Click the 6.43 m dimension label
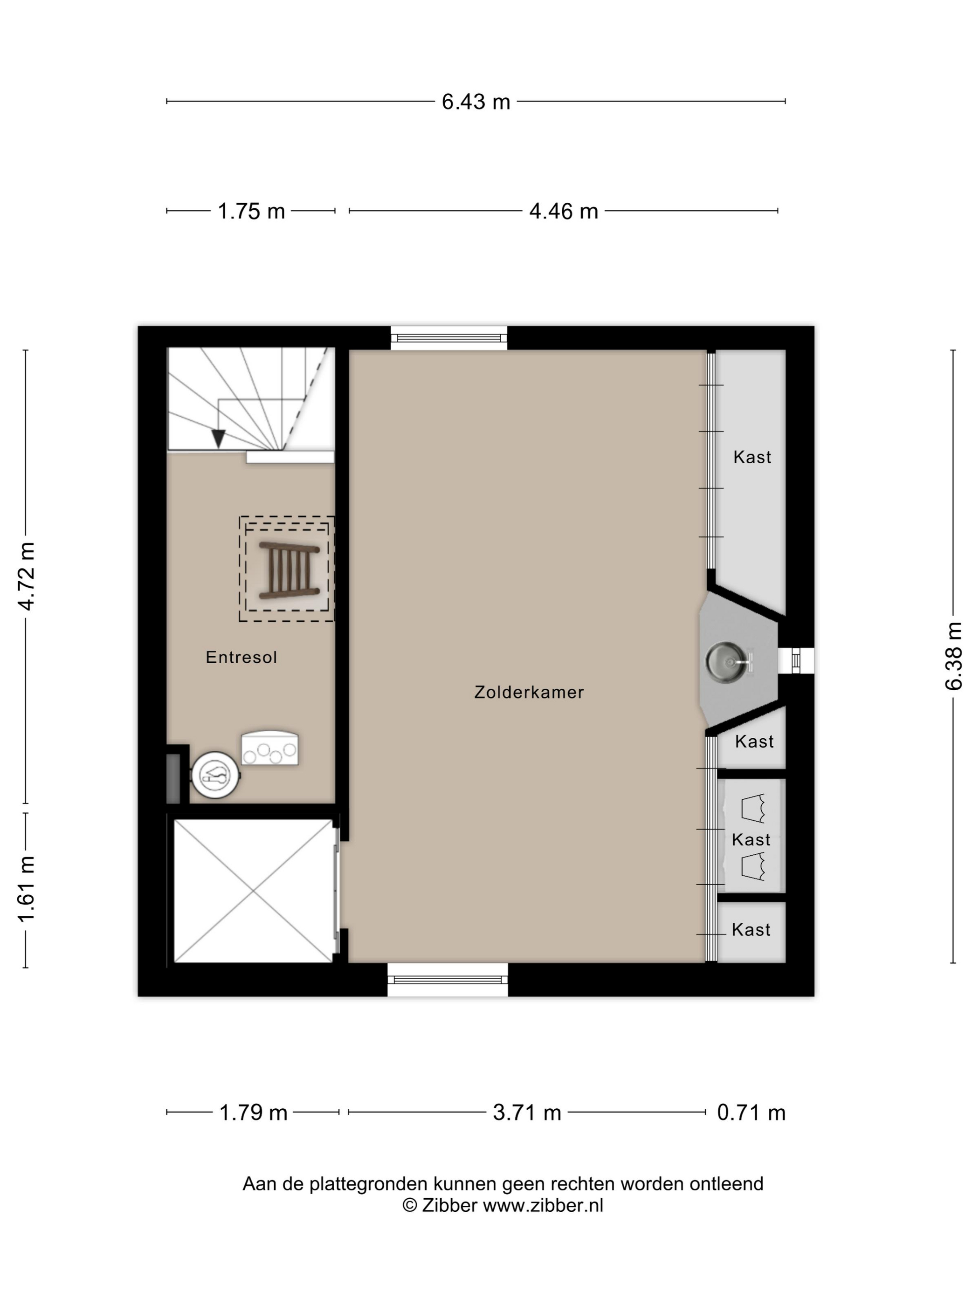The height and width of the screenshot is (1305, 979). pos(476,102)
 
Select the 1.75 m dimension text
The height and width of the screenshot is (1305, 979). pos(251,211)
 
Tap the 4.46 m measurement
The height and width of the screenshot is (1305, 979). pos(564,211)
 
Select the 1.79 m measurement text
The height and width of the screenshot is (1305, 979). pos(253,1113)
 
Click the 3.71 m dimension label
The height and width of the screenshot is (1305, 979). pos(527,1113)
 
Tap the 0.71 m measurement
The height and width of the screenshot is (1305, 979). pos(751,1113)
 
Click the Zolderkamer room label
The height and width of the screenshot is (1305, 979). pos(529,692)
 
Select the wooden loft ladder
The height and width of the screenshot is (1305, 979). pos(289,570)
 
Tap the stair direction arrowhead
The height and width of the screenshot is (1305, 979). pos(218,439)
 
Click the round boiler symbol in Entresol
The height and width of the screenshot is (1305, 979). pos(215,775)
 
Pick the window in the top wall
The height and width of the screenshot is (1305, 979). pos(449,338)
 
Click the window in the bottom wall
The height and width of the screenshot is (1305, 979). pos(448,979)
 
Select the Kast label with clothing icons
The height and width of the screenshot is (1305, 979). pos(751,839)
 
